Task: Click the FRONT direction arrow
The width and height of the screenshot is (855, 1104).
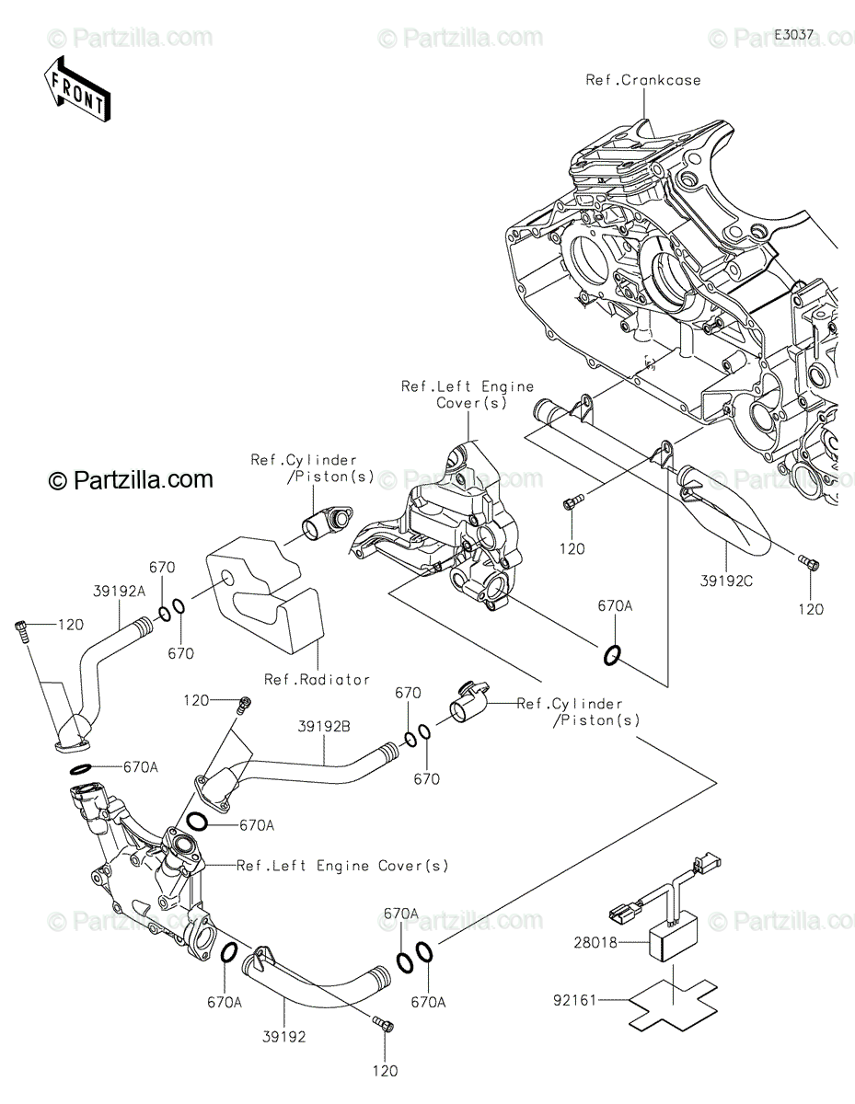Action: [76, 89]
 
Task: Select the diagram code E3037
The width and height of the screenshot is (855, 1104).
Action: [793, 35]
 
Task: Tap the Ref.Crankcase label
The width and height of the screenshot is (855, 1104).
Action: [643, 80]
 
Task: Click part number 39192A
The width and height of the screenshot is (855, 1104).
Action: [119, 591]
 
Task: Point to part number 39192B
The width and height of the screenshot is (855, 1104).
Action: [324, 727]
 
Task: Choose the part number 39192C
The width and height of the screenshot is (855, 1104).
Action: [726, 581]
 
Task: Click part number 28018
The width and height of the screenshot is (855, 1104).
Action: [595, 943]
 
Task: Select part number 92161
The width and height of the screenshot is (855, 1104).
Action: [574, 1000]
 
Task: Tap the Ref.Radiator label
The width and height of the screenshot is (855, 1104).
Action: [317, 679]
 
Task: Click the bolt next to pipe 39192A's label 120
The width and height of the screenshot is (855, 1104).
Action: [21, 631]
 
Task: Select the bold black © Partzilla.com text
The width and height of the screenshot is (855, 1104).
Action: [131, 480]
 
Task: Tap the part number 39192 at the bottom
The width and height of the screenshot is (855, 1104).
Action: [284, 1037]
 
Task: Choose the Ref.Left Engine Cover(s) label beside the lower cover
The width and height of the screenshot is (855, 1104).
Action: [343, 865]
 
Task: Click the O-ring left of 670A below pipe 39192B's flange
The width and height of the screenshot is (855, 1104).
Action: [197, 822]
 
